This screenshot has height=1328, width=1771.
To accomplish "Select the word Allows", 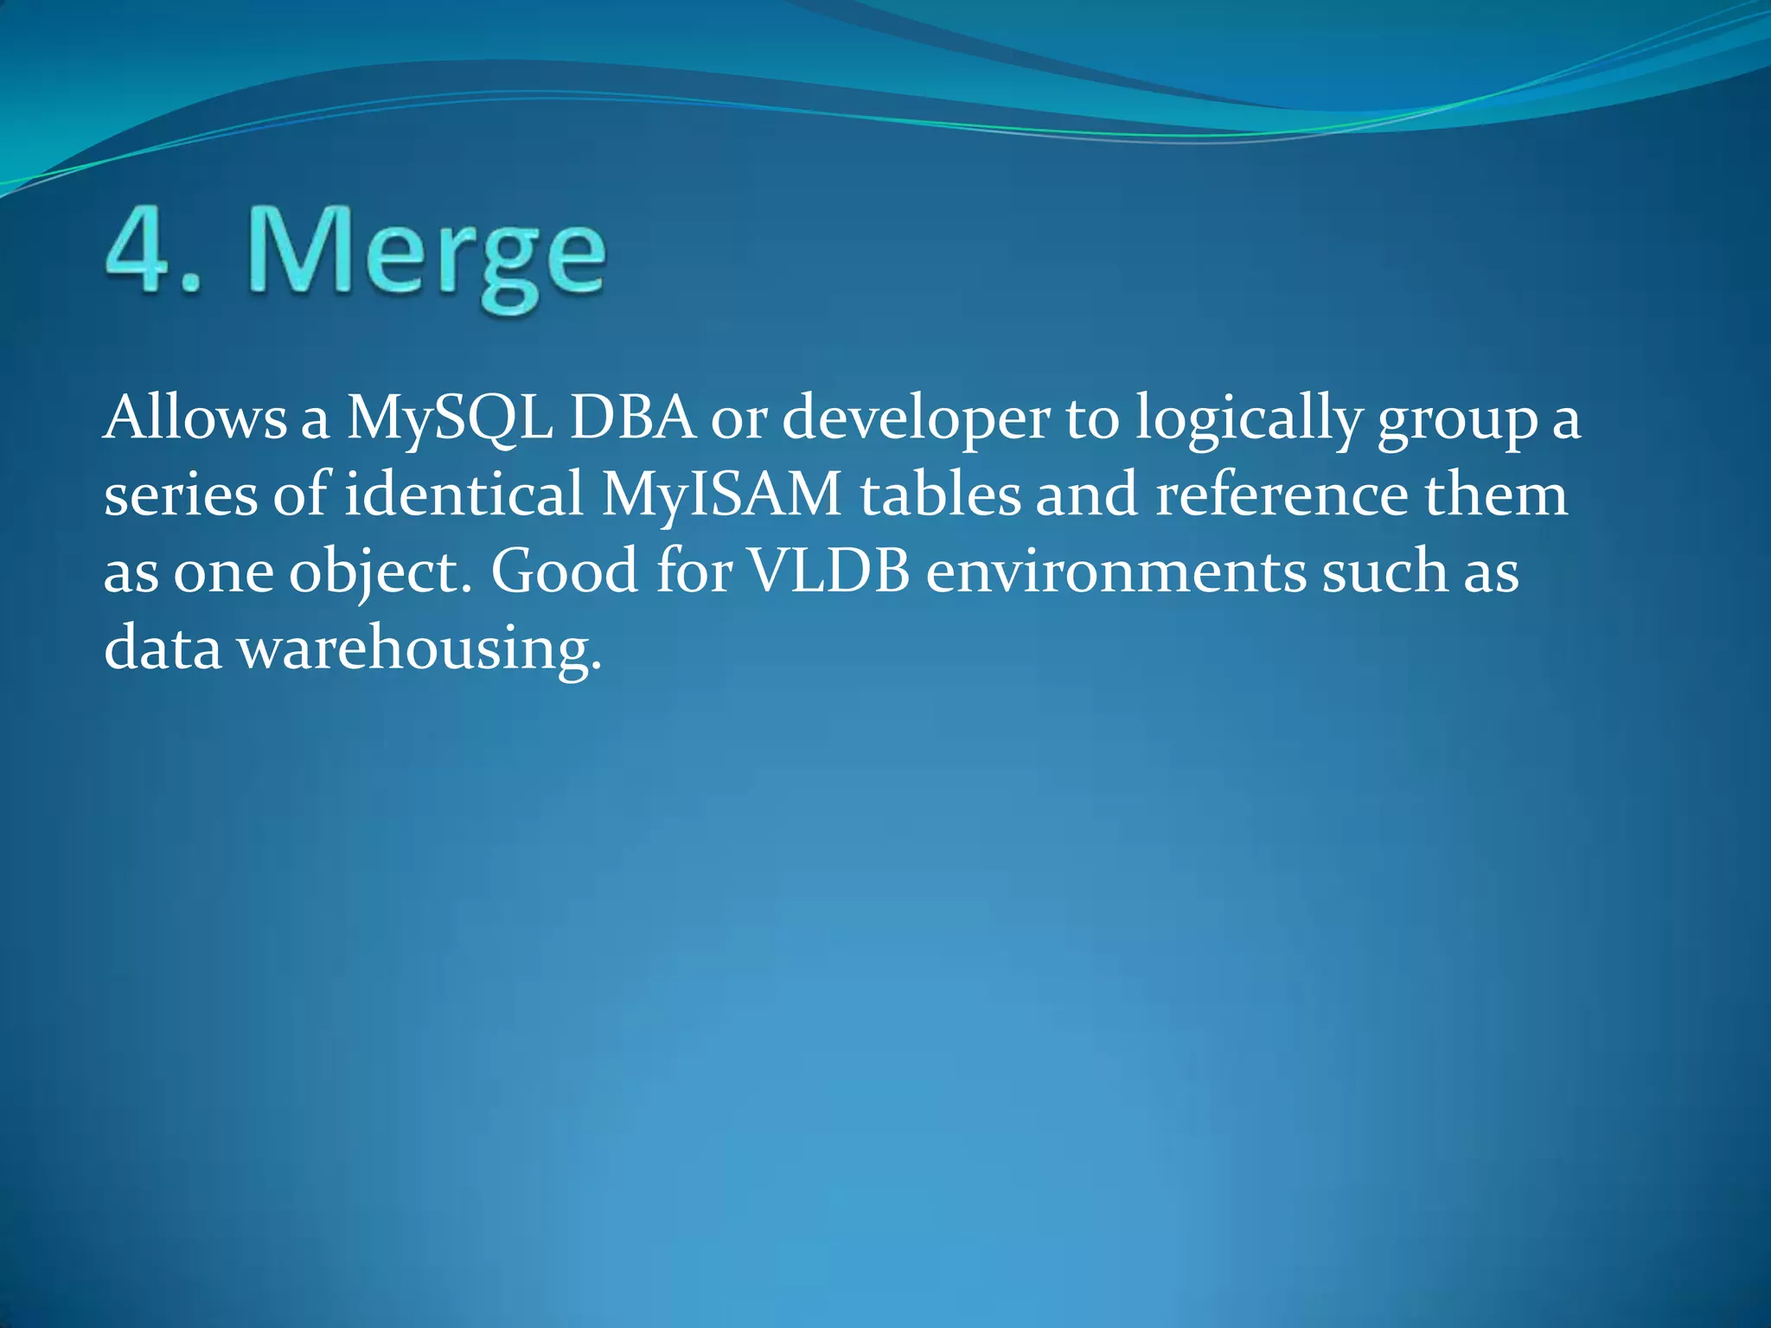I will tap(195, 418).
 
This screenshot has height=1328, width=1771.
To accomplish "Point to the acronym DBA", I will tap(633, 418).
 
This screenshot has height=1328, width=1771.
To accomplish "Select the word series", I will tap(181, 495).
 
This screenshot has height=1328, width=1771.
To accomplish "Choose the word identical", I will tap(464, 495).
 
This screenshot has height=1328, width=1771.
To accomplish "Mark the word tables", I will tap(940, 495).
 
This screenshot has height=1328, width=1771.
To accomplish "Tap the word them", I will tap(1495, 495).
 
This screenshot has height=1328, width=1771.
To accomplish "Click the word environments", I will tap(1116, 571).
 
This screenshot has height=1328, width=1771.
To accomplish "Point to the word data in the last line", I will tap(163, 648).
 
